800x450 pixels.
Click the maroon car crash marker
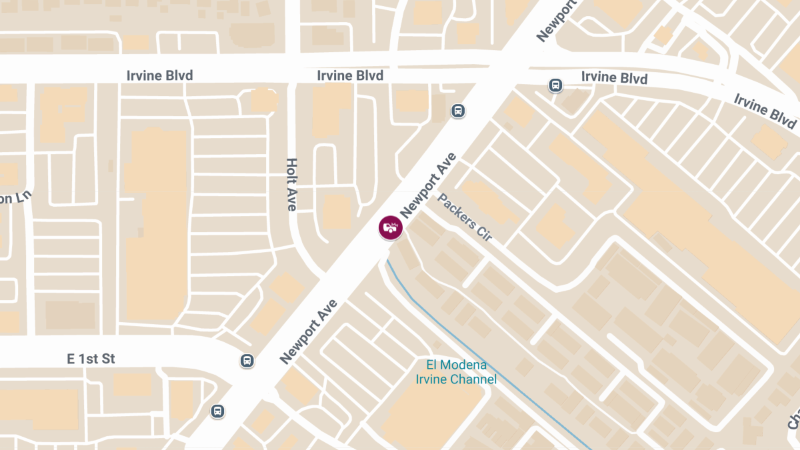(391, 227)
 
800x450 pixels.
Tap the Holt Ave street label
(291, 185)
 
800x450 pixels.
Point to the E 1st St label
(91, 359)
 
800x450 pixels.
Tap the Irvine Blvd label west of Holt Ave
(159, 75)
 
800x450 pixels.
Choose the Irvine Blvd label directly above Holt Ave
(350, 75)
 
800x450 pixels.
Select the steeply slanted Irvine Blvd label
(765, 111)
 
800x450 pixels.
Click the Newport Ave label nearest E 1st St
(309, 332)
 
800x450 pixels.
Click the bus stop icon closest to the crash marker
(458, 111)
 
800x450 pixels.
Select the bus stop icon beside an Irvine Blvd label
(555, 85)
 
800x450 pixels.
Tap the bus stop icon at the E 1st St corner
(247, 361)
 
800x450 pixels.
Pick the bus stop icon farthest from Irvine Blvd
(217, 411)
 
